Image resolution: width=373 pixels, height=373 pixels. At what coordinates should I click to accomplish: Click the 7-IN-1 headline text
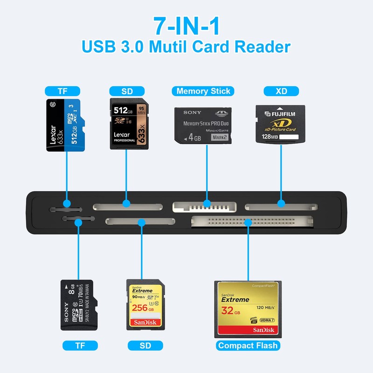186,26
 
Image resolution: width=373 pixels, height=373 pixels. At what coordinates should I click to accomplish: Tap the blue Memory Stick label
203,91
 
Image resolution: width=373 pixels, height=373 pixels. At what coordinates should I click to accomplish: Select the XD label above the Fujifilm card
281,91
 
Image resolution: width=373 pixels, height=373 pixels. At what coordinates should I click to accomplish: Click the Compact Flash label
248,345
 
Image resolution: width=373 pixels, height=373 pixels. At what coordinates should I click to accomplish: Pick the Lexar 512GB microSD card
66,124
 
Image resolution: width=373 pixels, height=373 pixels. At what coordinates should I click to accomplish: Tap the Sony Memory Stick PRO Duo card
203,126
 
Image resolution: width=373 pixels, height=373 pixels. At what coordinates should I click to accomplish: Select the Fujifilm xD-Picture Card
281,124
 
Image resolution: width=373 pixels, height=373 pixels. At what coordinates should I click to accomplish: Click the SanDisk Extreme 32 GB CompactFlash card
248,309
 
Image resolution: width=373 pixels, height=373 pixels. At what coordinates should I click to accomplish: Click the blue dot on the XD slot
281,204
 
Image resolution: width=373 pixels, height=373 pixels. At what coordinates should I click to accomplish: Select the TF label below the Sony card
80,345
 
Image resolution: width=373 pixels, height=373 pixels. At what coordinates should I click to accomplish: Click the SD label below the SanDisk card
145,345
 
